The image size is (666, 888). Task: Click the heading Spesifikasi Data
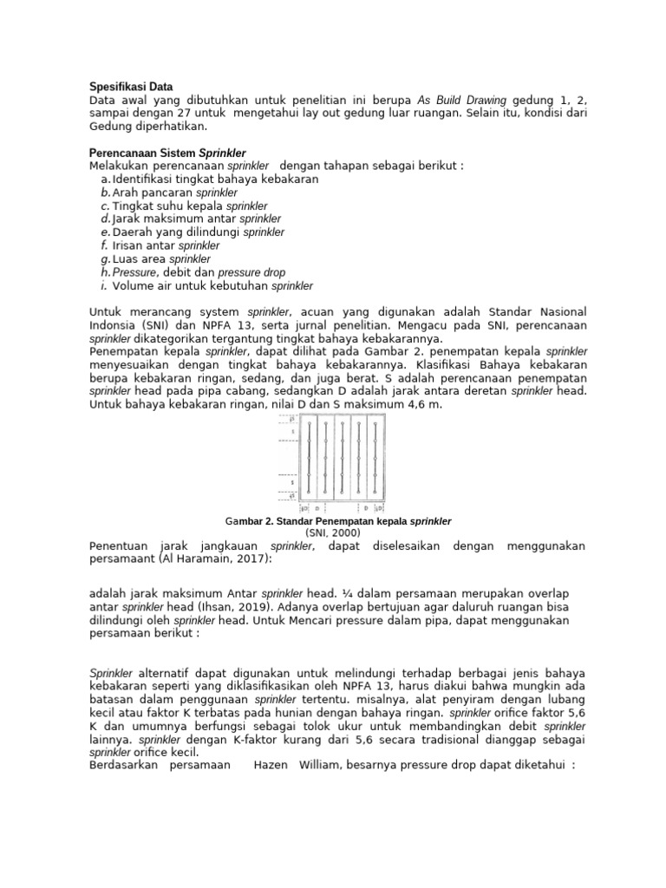point(132,87)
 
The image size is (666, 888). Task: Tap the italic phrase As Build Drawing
point(466,100)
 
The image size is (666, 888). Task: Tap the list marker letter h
point(105,272)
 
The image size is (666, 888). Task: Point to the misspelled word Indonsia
point(116,325)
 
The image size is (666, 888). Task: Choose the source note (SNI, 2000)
point(333,533)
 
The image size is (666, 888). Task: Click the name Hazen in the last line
point(271,766)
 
